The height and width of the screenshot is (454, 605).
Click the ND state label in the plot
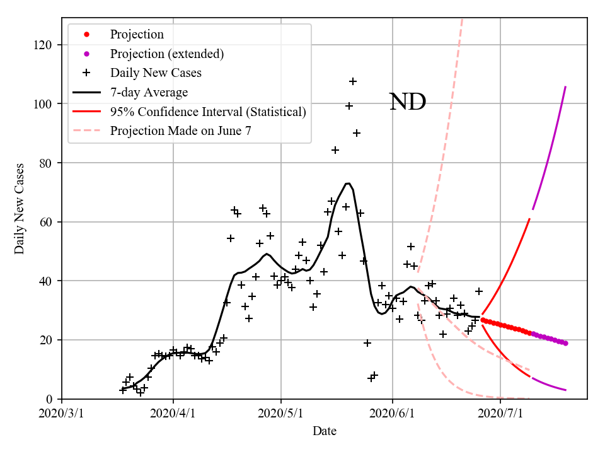coord(407,102)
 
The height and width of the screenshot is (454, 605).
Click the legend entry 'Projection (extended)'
coord(166,54)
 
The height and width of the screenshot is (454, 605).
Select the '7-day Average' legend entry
coord(149,93)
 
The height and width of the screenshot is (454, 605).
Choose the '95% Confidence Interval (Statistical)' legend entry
coord(208,112)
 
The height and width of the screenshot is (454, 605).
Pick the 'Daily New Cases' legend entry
coord(156,73)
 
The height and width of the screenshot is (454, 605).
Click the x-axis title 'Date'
coord(325,431)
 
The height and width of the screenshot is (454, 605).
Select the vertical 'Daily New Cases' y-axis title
coord(20,209)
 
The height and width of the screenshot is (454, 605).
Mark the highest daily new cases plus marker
coord(353,81)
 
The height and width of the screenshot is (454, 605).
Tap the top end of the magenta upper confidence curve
coord(565,86)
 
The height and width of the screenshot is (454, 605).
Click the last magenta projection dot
coord(565,343)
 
